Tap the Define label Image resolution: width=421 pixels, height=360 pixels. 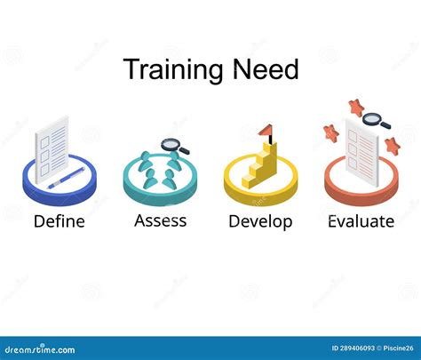pyautogui.click(x=60, y=221)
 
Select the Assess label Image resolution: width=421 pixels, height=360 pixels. pyautogui.click(x=160, y=220)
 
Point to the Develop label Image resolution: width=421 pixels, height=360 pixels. pyautogui.click(x=259, y=221)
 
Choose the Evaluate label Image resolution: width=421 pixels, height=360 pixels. pyautogui.click(x=360, y=221)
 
